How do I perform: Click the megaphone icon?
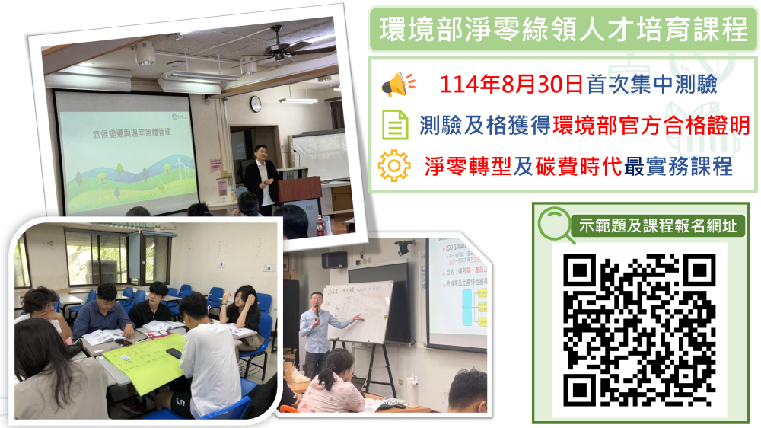point(397,85)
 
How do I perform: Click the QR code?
point(639,330)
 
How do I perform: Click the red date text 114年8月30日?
point(512,85)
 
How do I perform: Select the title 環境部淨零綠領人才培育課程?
point(564,32)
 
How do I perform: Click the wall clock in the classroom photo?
point(256,104)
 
